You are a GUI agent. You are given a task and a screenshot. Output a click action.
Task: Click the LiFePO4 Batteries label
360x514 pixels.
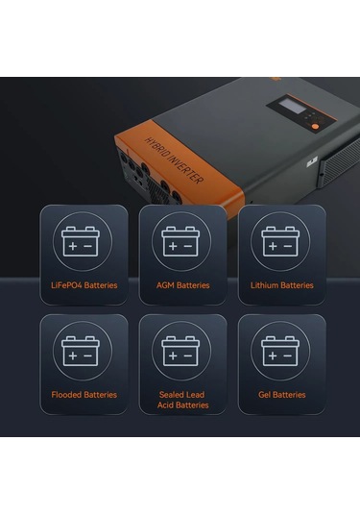click(84, 285)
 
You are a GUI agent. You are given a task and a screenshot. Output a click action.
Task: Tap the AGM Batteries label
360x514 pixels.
click(182, 285)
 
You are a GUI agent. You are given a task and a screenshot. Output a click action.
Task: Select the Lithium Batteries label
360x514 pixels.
click(282, 285)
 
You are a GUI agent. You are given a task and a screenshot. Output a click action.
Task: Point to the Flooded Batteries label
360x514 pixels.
click(84, 395)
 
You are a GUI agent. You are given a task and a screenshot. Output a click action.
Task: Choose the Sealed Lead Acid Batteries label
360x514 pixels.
click(182, 400)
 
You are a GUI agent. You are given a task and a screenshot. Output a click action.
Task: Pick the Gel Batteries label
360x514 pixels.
click(282, 395)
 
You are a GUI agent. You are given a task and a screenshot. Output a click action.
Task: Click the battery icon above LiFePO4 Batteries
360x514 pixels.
click(81, 241)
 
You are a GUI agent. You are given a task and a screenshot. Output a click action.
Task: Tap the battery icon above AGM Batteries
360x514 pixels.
click(180, 241)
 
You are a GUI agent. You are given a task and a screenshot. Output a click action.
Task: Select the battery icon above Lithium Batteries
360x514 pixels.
click(280, 241)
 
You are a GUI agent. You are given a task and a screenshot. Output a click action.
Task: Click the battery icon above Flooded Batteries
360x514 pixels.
click(81, 351)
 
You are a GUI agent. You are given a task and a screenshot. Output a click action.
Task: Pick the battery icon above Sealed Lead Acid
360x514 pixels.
click(180, 351)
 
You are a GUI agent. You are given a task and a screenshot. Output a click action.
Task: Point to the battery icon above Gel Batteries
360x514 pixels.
click(280, 351)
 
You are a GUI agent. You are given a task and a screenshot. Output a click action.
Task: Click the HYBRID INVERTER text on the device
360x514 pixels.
click(174, 160)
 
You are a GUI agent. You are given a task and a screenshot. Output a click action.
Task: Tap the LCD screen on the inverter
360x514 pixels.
click(292, 107)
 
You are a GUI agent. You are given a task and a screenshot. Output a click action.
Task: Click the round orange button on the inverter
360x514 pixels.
click(315, 126)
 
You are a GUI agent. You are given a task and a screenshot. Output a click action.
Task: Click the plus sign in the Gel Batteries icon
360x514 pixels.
click(273, 355)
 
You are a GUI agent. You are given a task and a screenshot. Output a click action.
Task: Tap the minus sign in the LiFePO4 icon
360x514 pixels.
click(88, 246)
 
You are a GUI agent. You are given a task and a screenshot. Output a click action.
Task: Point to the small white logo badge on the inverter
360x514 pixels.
click(312, 162)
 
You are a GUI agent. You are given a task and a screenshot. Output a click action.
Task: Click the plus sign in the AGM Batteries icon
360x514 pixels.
click(173, 246)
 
